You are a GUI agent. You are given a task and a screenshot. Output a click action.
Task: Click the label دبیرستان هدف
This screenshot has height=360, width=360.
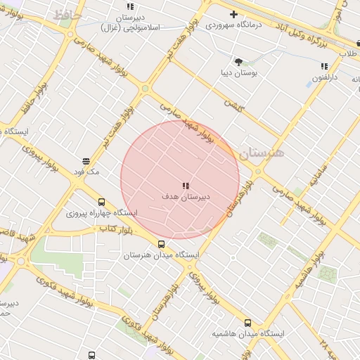click(186, 198)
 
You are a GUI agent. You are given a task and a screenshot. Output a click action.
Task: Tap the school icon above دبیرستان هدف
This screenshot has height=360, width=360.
click(186, 186)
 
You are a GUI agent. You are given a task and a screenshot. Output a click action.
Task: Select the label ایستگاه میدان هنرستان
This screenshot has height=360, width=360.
click(161, 255)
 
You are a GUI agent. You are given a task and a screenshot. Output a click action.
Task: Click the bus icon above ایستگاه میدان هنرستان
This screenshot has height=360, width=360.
click(161, 244)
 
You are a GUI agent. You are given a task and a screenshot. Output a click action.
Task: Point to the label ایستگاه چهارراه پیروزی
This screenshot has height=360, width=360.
click(102, 212)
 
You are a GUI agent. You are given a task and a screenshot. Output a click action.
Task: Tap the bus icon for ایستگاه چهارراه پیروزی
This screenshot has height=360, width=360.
click(102, 202)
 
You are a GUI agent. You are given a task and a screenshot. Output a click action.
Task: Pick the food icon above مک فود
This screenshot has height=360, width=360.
click(86, 161)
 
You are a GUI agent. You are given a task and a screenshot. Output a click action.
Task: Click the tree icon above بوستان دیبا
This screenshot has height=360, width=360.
click(238, 62)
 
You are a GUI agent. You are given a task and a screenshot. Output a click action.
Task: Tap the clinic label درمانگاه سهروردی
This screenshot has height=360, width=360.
click(233, 25)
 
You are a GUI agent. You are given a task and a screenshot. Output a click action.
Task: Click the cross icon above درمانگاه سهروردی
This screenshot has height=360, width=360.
click(233, 14)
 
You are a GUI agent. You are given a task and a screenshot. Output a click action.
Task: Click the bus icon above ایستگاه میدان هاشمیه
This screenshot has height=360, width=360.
click(247, 323)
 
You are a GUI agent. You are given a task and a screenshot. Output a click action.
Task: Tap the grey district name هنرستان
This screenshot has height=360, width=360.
click(261, 153)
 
